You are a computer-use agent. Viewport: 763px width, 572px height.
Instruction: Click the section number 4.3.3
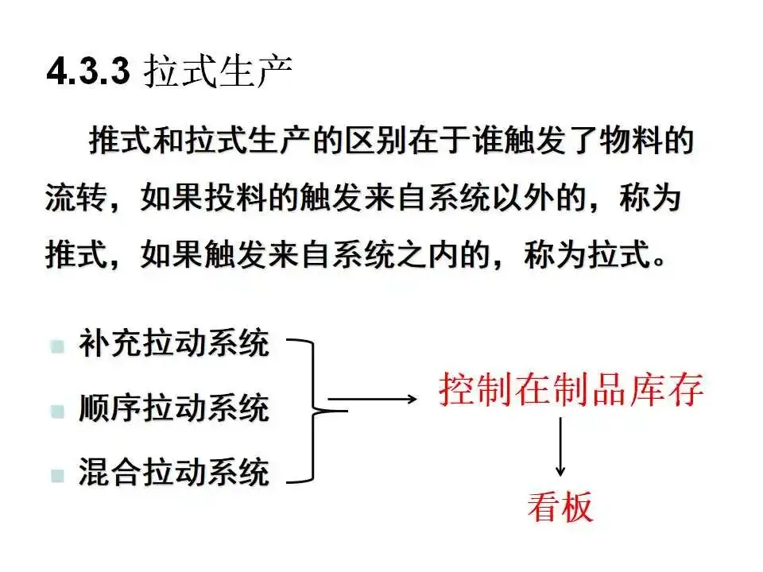(88, 73)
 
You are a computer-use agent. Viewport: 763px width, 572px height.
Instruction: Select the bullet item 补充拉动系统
(173, 346)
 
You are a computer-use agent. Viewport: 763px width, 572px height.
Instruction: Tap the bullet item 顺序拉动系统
(173, 410)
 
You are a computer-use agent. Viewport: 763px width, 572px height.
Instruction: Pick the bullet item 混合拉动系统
(173, 473)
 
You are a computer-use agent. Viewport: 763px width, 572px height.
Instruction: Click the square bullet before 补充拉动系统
(56, 347)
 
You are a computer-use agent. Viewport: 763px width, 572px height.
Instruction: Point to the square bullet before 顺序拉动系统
(56, 412)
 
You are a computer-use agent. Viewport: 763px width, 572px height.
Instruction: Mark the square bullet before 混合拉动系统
(56, 475)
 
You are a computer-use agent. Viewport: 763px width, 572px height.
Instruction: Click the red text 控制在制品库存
(571, 391)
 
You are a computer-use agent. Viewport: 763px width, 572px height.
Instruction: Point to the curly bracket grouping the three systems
(313, 410)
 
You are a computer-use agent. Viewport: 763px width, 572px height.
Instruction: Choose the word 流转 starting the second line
(70, 198)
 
